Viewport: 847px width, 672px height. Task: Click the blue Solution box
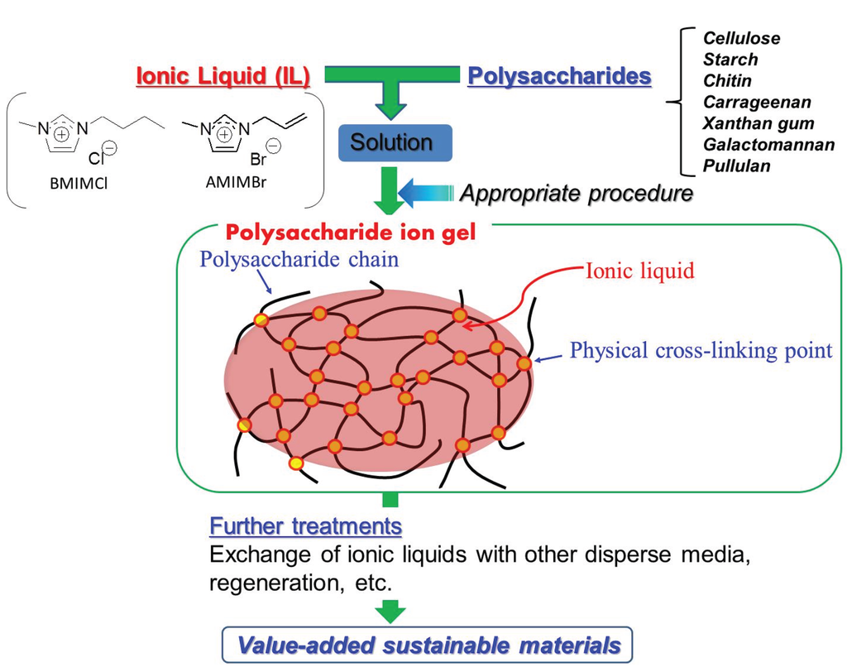pos(391,142)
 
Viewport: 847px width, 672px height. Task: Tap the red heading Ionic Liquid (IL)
pos(223,76)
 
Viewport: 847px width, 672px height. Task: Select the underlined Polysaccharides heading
pos(559,76)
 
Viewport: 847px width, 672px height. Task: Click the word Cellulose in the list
pos(741,38)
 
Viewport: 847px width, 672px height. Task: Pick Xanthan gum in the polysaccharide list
pos(758,123)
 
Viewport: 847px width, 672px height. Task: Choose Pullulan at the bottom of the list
pos(736,166)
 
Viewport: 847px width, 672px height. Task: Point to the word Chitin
pos(727,81)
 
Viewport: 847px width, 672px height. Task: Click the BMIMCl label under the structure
pos(72,184)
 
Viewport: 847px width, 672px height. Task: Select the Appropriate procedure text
pos(576,194)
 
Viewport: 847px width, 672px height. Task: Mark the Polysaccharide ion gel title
pos(352,233)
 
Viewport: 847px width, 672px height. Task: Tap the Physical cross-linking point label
pos(701,350)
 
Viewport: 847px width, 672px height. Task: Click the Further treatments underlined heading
pos(305,526)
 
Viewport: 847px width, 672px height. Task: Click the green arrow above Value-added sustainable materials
pos(390,611)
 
